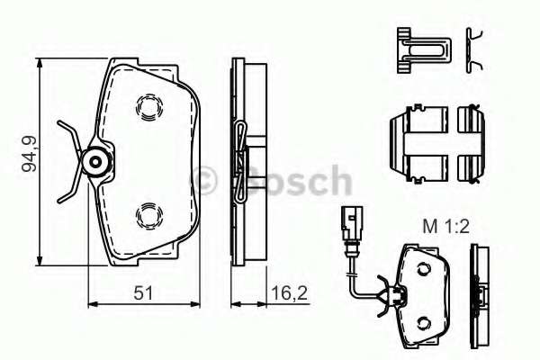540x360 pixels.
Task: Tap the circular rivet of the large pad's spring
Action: pos(94,162)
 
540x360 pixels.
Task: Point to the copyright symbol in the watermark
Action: pos(209,180)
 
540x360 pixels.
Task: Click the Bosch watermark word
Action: pos(297,180)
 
